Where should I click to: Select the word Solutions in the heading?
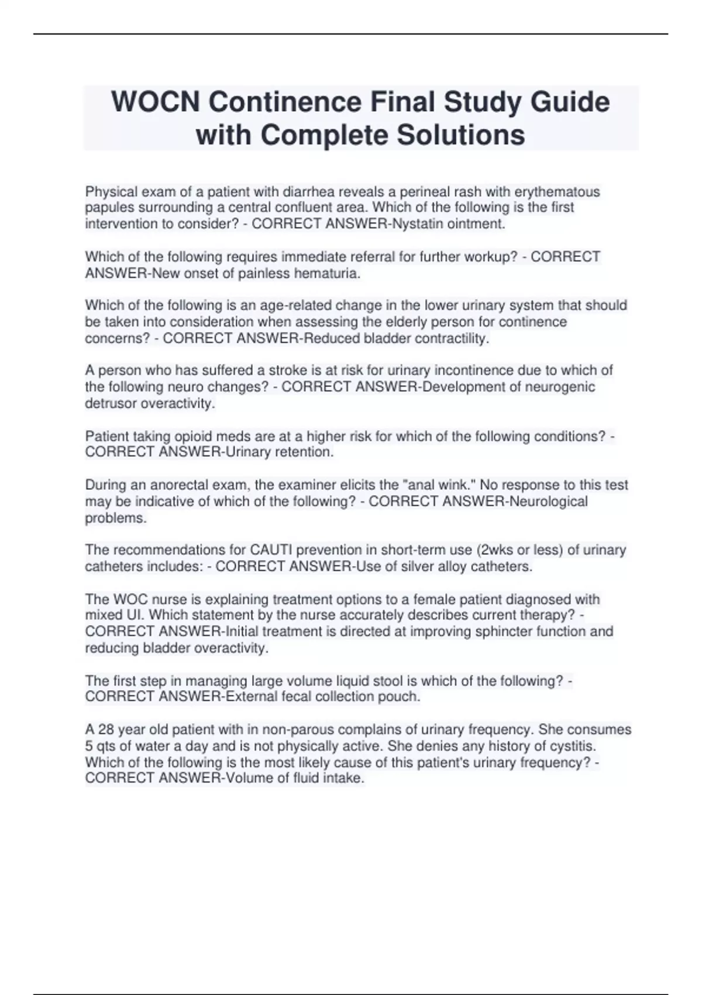[460, 135]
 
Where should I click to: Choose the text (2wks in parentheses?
[497, 550]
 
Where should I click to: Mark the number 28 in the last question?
[105, 730]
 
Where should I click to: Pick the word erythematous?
[557, 192]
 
